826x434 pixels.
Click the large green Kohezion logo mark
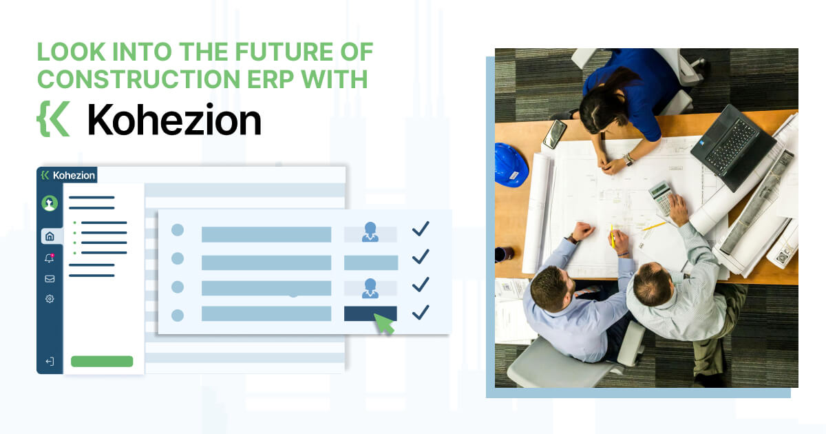coord(54,118)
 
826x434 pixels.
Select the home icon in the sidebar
coord(50,236)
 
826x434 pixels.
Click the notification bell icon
coord(50,258)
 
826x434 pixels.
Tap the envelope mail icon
coord(50,278)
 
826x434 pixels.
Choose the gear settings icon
coord(50,298)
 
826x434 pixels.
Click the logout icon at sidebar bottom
coord(50,361)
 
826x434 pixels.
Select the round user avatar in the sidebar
coord(50,203)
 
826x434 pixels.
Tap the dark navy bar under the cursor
coord(370,313)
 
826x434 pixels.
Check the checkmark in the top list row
coord(421,229)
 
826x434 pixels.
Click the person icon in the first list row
coord(370,231)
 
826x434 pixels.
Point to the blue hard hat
coord(510,165)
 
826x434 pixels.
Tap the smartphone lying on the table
coord(555,134)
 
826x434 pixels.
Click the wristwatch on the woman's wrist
coord(628,159)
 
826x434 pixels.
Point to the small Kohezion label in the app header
coord(74,175)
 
